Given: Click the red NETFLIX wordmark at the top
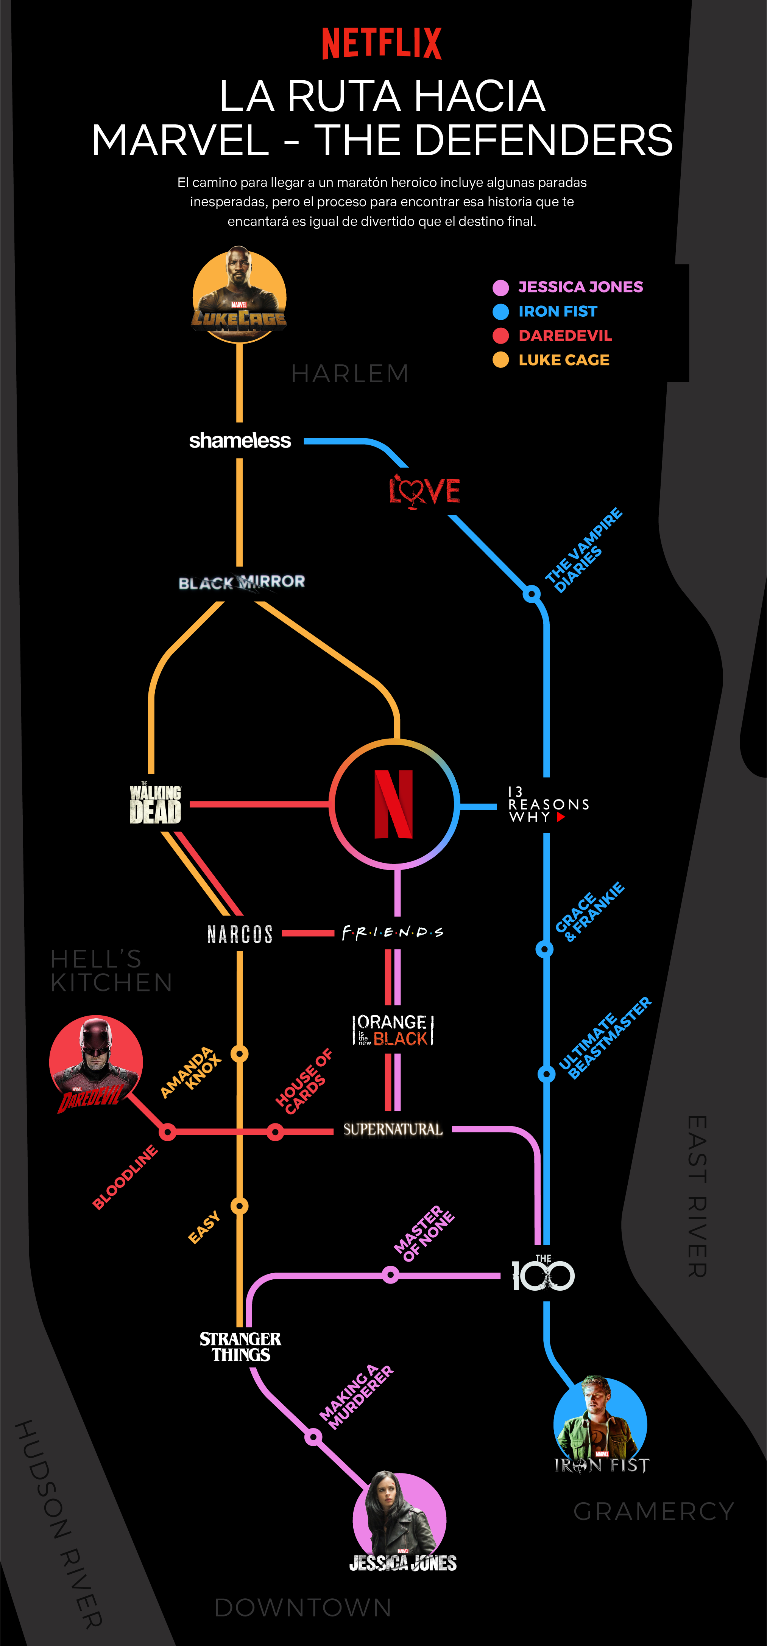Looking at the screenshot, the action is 382,44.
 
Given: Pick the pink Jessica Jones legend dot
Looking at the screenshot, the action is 500,288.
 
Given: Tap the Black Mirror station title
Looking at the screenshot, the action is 242,582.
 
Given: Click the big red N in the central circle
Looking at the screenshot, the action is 394,804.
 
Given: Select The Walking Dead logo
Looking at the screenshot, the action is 155,803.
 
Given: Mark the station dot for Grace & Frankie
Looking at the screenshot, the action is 544,949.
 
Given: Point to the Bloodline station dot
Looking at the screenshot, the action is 167,1132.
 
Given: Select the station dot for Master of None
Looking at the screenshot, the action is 391,1276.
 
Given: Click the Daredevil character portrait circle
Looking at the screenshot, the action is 96,1064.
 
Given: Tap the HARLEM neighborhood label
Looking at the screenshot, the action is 350,374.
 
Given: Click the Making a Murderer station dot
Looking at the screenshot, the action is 313,1437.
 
